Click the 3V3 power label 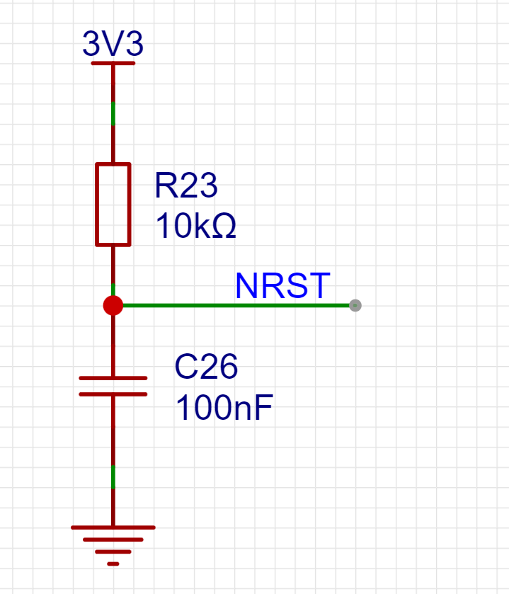(x=113, y=45)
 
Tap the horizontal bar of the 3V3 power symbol (x=113, y=63)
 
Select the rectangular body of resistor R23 (x=113, y=205)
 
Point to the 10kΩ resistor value (x=195, y=227)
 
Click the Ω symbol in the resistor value (x=224, y=227)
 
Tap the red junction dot (x=113, y=305)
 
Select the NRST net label (x=282, y=286)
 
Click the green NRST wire (x=234, y=305)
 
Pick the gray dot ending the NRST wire (x=355, y=305)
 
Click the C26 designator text (x=206, y=367)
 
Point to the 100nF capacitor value (x=223, y=409)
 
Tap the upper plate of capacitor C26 (x=113, y=378)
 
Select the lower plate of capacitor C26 (x=113, y=394)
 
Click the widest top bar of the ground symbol (x=113, y=527)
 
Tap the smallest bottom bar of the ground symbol (x=113, y=564)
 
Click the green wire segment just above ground (x=113, y=477)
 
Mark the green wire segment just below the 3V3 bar (x=113, y=113)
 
